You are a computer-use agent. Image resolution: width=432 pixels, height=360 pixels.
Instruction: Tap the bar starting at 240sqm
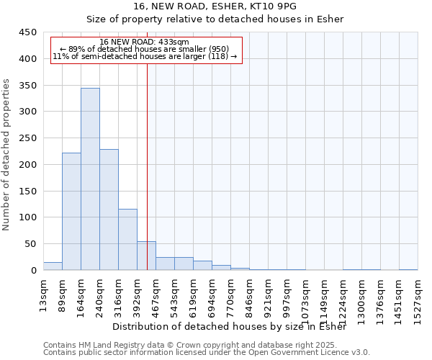[109, 210]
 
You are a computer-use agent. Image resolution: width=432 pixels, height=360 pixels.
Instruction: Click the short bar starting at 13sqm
[53, 266]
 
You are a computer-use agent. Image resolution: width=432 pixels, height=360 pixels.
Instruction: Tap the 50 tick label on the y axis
[30, 244]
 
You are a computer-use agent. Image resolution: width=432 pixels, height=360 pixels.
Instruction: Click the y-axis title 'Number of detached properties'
[8, 154]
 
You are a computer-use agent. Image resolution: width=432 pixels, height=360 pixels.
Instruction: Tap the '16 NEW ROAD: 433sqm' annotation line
[144, 42]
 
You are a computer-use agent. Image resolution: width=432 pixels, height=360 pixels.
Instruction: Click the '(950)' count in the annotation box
[217, 49]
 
